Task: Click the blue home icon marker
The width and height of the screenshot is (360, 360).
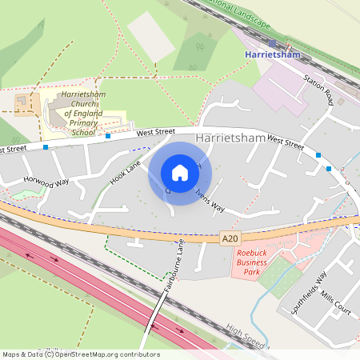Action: click(x=180, y=172)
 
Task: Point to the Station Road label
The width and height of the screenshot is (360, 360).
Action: click(x=318, y=90)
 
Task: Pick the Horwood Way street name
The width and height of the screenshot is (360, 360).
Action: click(x=46, y=182)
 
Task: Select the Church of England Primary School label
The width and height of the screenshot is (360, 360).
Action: click(x=75, y=114)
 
